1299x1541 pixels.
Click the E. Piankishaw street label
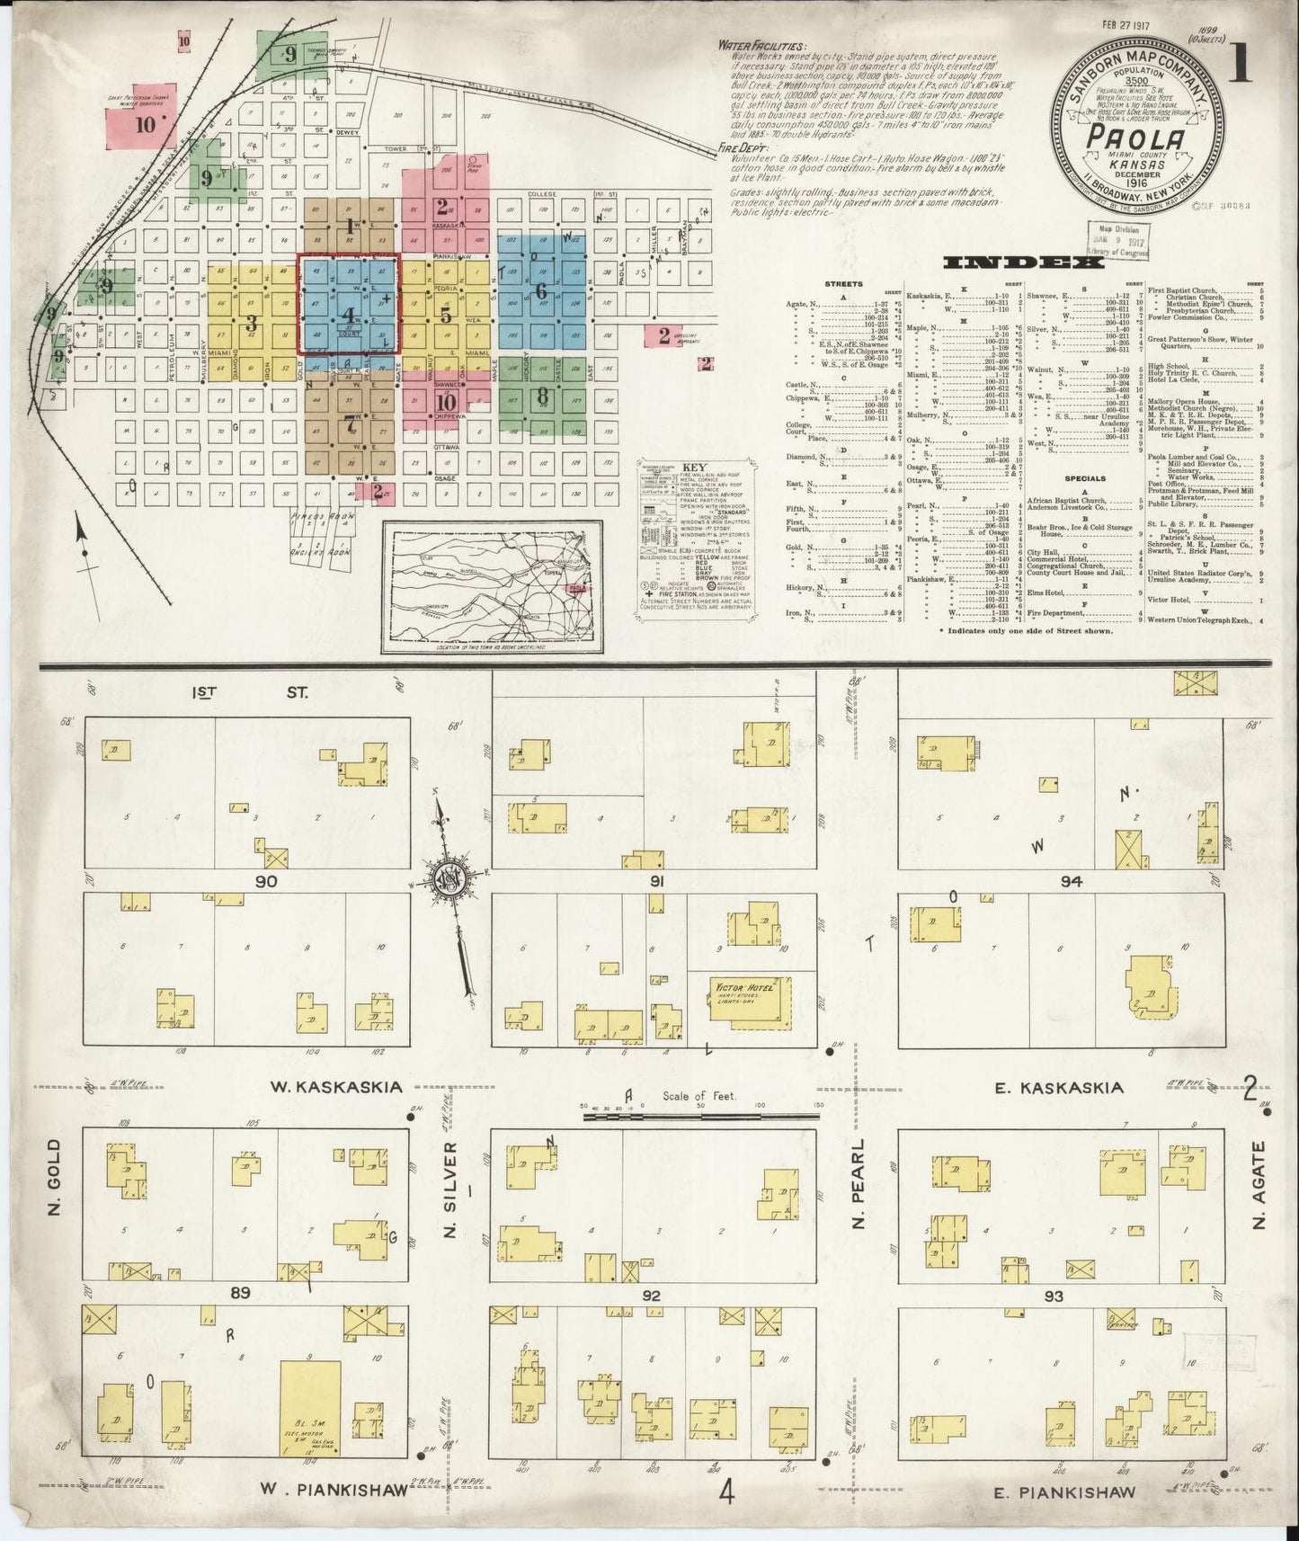[1064, 1492]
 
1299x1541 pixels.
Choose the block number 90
[265, 882]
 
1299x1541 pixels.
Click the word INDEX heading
[1010, 263]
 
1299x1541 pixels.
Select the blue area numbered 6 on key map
[540, 291]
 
